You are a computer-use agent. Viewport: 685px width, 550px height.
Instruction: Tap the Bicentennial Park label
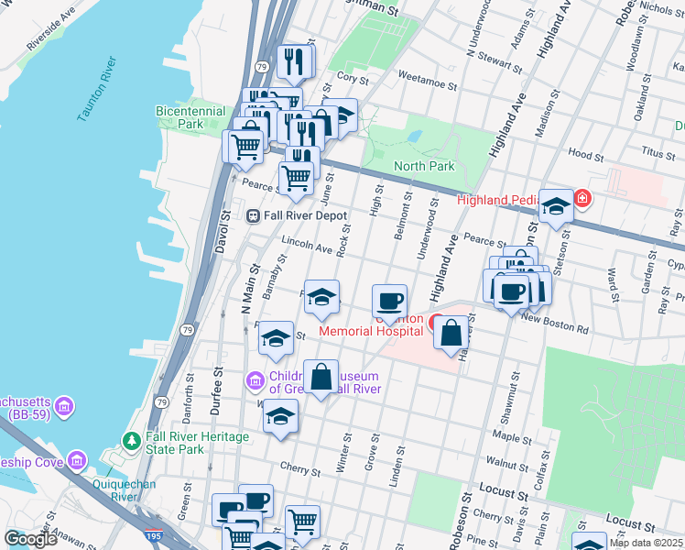190,116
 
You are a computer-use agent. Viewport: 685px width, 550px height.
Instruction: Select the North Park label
424,166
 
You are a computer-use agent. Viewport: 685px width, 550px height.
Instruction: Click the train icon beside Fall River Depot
253,215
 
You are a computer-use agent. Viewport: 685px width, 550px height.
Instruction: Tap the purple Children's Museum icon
255,379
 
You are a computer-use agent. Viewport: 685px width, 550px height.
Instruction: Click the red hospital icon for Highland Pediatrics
582,198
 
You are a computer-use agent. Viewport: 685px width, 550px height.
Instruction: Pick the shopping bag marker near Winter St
321,377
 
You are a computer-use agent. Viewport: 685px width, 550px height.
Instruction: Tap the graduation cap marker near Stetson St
556,206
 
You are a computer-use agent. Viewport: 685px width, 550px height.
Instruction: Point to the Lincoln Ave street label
307,247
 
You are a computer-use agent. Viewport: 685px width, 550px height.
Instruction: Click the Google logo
30,539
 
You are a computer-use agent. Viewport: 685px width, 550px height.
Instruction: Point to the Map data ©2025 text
646,543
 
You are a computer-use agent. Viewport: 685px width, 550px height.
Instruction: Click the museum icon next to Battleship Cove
77,460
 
